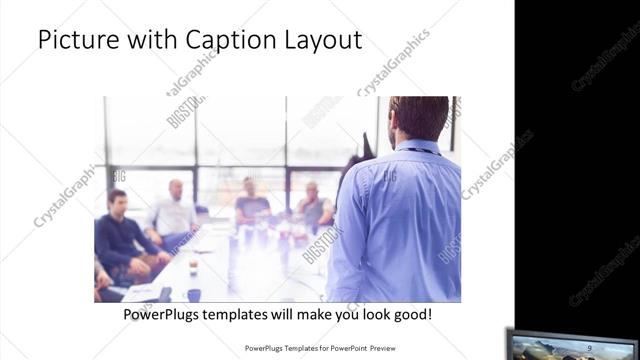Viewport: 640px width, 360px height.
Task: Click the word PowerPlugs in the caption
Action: (x=165, y=315)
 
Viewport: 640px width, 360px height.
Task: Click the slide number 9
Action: (x=590, y=347)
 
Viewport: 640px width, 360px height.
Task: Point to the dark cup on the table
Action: (x=164, y=294)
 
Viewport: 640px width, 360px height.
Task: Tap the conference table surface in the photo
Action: (x=240, y=265)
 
